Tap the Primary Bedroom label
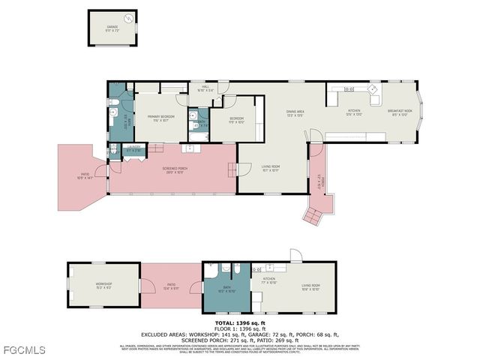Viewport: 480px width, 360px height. coord(157,118)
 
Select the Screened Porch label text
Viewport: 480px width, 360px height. coord(175,170)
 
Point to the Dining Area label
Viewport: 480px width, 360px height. coord(295,113)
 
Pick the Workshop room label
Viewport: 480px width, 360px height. coord(103,285)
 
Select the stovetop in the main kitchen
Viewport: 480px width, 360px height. coord(349,89)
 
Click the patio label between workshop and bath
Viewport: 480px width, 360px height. coord(171,285)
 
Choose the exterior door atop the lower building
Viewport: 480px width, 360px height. coord(296,256)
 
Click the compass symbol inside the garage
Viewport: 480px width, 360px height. coord(129,17)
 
